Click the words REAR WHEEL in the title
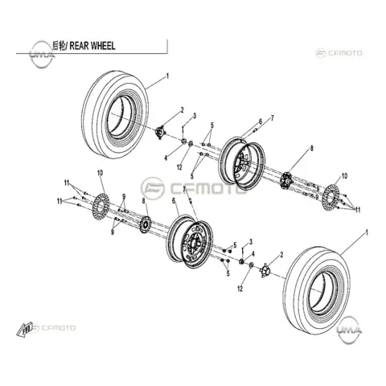pos(92,46)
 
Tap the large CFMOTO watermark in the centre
pos(194,188)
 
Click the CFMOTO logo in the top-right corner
pos(339,53)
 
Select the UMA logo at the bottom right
pos(349,330)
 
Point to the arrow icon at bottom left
pos(24,329)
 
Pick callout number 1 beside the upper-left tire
pos(168,76)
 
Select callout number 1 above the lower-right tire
pos(368,232)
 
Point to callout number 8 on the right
pos(312,148)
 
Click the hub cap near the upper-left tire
pos(161,133)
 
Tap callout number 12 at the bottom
pos(240,289)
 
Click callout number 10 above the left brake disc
pos(100,173)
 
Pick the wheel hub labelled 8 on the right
pos(286,182)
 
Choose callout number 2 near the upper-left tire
pos(183,110)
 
